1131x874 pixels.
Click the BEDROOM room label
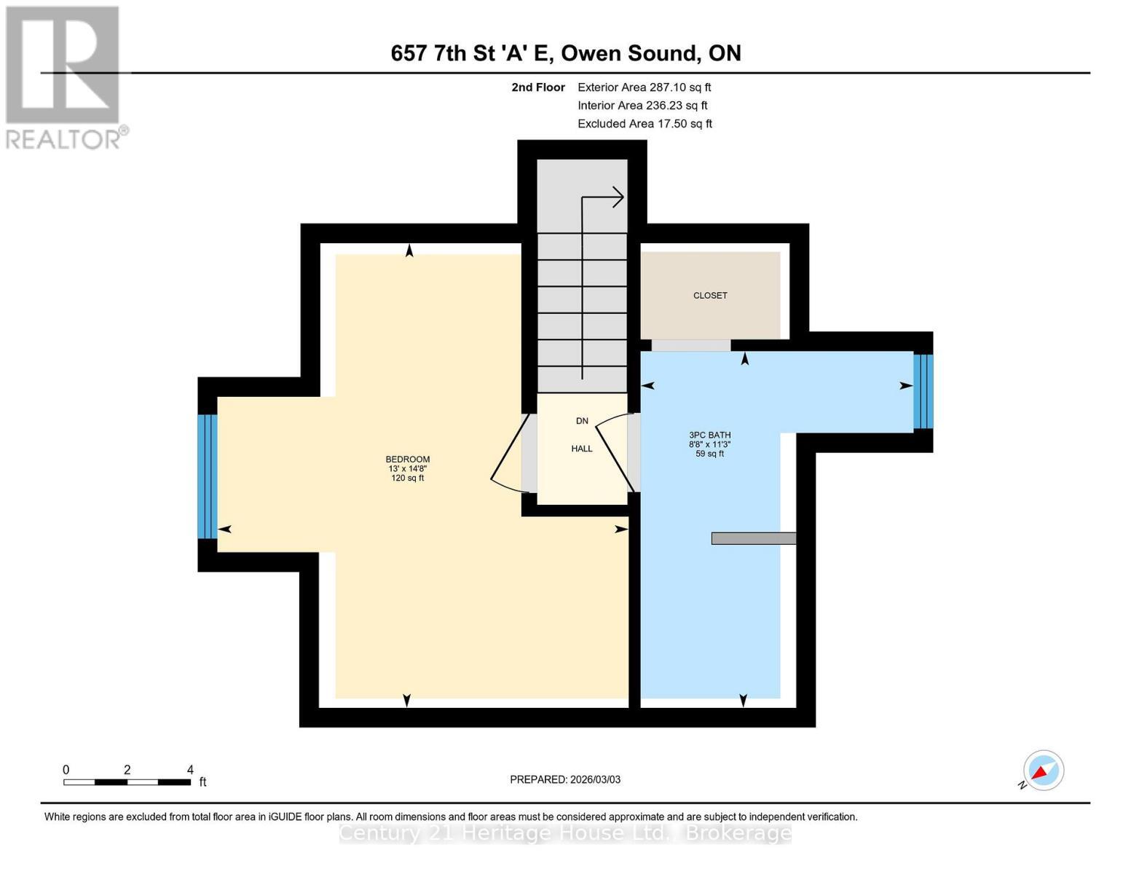coord(407,460)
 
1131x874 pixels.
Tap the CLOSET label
coord(709,296)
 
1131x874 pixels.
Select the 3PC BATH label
coord(709,436)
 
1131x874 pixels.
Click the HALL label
coord(581,449)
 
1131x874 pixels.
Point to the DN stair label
coord(581,421)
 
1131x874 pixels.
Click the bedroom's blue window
coord(208,476)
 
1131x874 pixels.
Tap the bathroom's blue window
coord(923,391)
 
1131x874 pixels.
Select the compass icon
coord(1043,771)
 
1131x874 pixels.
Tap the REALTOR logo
coord(63,77)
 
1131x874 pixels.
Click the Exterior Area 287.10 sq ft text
coord(644,87)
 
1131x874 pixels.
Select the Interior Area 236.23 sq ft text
coord(642,106)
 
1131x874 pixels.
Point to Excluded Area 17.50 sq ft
coord(645,124)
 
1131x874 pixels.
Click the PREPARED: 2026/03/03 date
coord(565,780)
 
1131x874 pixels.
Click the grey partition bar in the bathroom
coord(753,538)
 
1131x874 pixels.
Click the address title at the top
coord(566,53)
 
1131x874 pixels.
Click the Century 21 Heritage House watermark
coord(565,833)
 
